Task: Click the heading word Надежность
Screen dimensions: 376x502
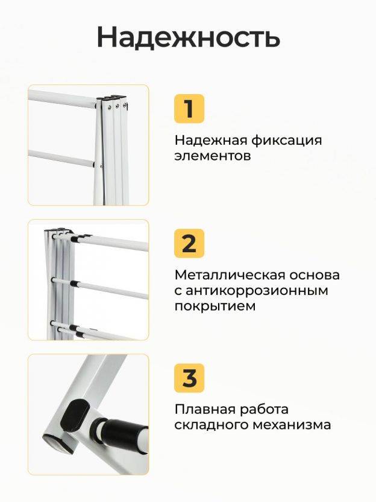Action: tap(189, 37)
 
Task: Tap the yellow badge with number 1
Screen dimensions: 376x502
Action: tap(189, 109)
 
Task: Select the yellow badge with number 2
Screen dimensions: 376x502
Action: tap(189, 243)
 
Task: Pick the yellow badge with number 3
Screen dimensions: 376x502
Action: tap(189, 378)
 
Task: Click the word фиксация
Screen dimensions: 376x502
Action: tap(286, 141)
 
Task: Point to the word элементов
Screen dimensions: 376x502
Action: tap(212, 156)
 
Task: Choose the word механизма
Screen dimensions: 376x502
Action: tap(291, 425)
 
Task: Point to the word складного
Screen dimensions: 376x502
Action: tap(211, 425)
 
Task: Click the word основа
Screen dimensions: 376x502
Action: tap(315, 275)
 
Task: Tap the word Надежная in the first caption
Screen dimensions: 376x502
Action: tap(211, 141)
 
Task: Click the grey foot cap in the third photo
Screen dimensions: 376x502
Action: tap(58, 444)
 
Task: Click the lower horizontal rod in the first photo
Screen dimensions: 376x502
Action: tap(61, 158)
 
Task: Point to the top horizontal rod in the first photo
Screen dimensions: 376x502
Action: tap(62, 98)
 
